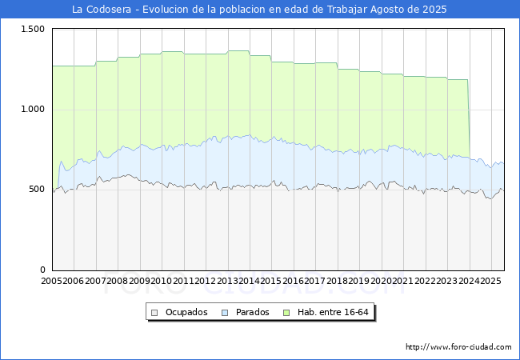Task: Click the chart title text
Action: click(259, 10)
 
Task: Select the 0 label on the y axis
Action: click(44, 270)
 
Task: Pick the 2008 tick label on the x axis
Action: click(118, 281)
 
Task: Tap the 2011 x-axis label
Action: click(184, 281)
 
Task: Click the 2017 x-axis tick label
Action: click(316, 281)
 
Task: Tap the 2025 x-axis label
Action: click(490, 281)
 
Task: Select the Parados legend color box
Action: click(226, 312)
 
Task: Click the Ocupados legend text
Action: click(186, 312)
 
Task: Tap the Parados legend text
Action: click(252, 312)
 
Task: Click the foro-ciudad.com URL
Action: click(458, 347)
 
